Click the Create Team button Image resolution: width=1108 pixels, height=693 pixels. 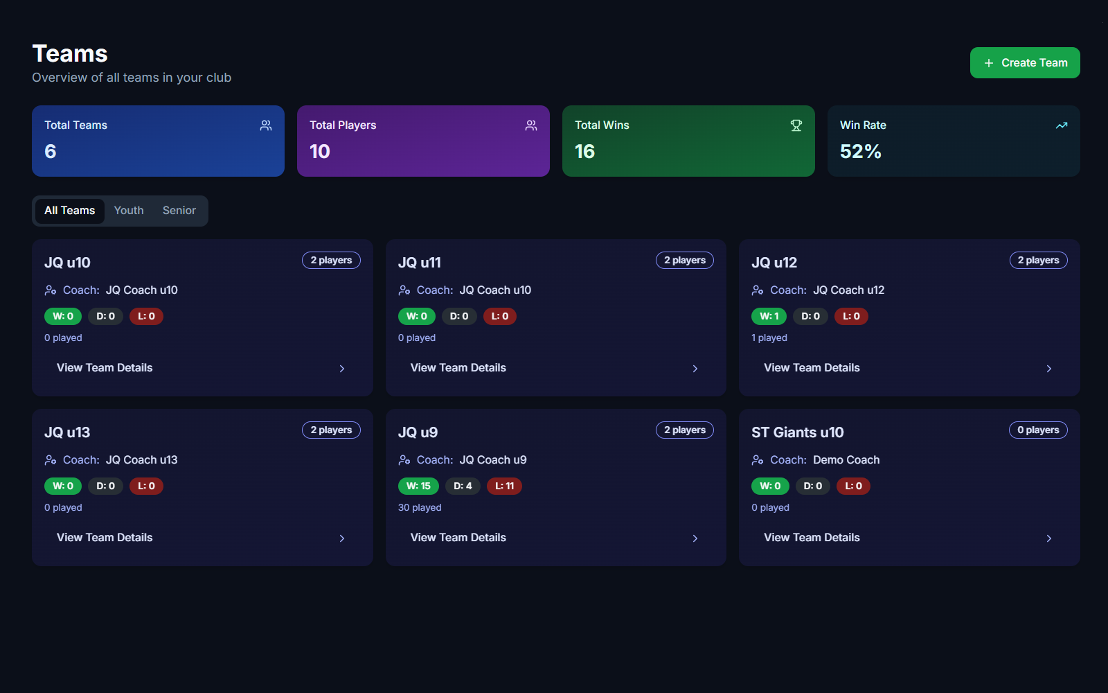(x=1025, y=63)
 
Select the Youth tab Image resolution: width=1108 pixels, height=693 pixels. (x=129, y=211)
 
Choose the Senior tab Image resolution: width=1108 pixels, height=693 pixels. (x=179, y=211)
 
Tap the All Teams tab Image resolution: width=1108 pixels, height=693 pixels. (x=70, y=211)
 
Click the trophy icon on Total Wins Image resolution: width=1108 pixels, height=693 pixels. (x=796, y=125)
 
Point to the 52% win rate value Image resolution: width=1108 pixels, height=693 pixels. (x=860, y=152)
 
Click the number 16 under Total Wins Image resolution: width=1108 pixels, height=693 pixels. (x=584, y=152)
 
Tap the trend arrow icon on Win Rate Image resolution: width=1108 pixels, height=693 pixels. (x=1062, y=125)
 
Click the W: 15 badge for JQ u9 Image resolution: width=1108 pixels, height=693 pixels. (x=418, y=486)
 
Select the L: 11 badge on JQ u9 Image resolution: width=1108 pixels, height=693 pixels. (x=504, y=486)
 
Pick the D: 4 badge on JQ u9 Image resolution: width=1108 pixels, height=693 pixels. (x=463, y=486)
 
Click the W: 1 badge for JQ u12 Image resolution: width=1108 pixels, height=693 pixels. (x=769, y=317)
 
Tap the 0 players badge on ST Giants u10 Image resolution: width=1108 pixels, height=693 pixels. (x=1038, y=430)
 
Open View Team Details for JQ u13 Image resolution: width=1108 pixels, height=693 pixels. (x=105, y=538)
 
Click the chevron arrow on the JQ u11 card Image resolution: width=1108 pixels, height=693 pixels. (x=695, y=369)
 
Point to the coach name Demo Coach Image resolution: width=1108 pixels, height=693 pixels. (x=846, y=460)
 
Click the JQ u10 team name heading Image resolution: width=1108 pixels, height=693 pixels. (x=67, y=263)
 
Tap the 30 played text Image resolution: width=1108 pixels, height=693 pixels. (x=420, y=508)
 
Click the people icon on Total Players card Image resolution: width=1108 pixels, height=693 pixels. (x=531, y=125)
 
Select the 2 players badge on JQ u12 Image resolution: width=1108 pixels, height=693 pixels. (x=1038, y=261)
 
